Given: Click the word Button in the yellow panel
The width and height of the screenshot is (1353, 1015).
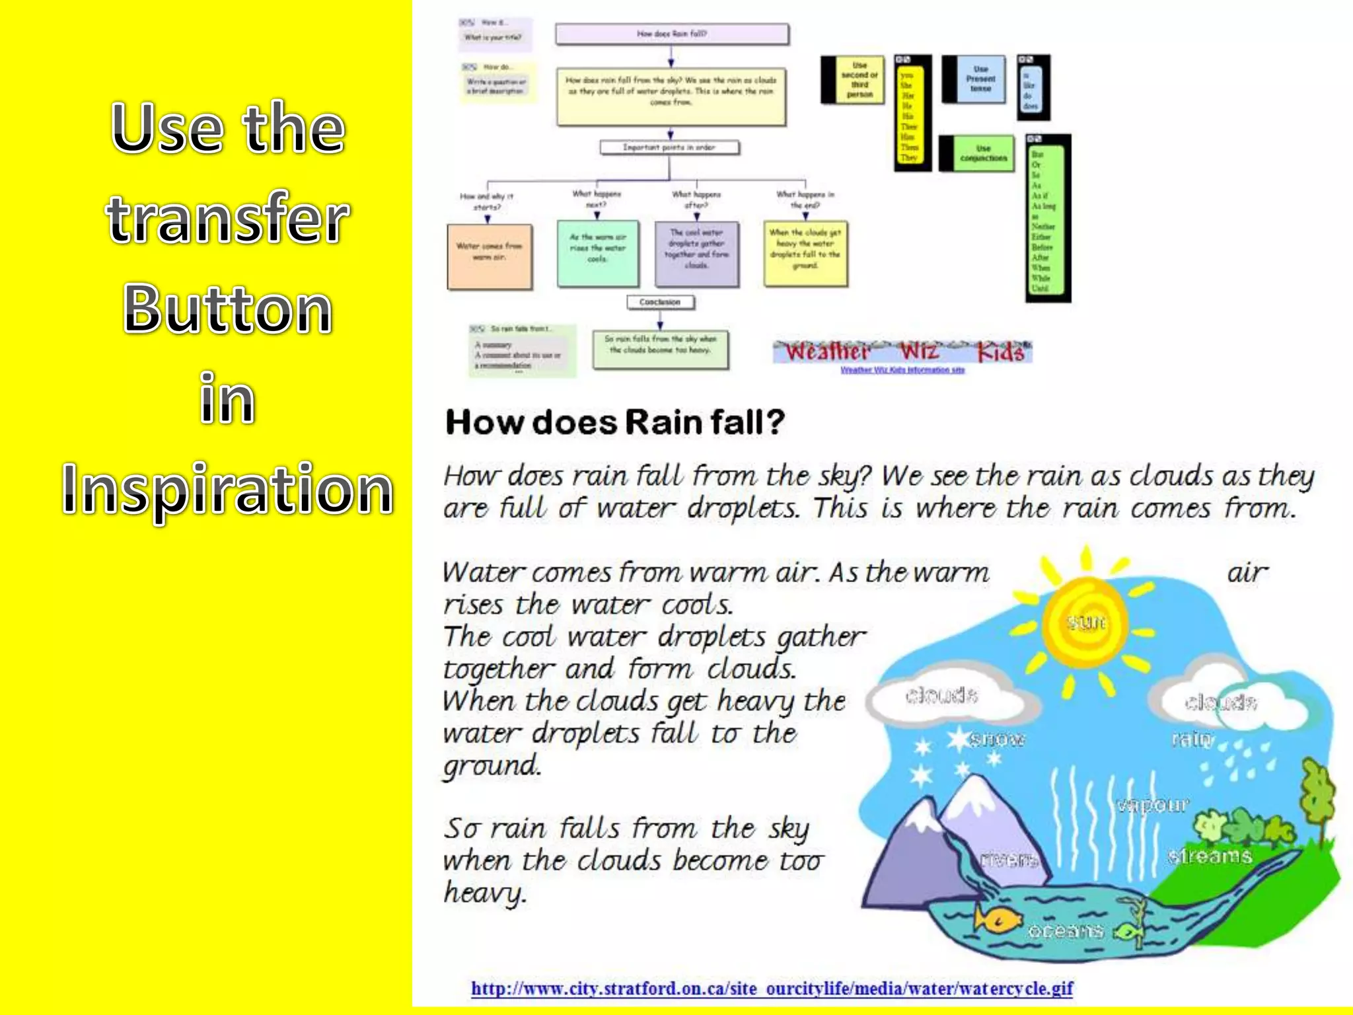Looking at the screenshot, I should (227, 309).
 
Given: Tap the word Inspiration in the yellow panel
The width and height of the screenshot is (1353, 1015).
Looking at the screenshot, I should (227, 489).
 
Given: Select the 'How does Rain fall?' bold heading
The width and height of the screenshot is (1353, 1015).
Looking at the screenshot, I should (615, 422).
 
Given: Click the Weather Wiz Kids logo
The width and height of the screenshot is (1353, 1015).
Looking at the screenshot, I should (902, 352).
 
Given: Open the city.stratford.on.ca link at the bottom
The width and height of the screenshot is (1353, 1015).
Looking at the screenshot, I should (772, 989).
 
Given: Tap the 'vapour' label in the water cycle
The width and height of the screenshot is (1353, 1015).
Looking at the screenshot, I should (1152, 805).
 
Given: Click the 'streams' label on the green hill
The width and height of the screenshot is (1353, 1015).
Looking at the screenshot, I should (1209, 856).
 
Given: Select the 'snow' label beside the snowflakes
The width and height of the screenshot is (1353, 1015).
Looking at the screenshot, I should (997, 739).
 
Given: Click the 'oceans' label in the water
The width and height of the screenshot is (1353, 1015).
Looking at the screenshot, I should (1065, 931).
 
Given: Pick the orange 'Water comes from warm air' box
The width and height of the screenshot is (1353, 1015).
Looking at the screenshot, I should (490, 256).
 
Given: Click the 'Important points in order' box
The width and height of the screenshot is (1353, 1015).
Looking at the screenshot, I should (669, 147).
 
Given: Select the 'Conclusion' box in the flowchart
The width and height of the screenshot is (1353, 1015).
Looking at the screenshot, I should (660, 302).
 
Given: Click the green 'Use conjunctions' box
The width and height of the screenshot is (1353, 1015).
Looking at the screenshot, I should (983, 154).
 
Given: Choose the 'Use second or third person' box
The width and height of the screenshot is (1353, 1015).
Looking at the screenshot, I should (859, 80).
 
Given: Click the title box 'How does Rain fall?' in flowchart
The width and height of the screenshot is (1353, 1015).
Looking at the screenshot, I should (672, 34).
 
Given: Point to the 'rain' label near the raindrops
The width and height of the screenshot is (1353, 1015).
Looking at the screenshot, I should (1192, 738).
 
